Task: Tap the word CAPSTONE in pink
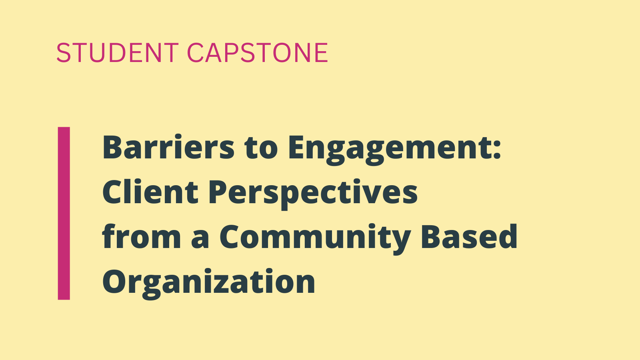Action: click(x=258, y=52)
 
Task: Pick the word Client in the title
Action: click(x=150, y=191)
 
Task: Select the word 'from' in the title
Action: click(x=142, y=236)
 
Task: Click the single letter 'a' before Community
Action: click(x=200, y=240)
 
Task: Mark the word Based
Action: click(x=469, y=236)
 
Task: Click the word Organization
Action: click(x=208, y=283)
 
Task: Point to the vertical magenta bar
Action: click(x=64, y=214)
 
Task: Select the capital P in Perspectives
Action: click(x=218, y=192)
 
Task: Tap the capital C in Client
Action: click(x=114, y=192)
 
